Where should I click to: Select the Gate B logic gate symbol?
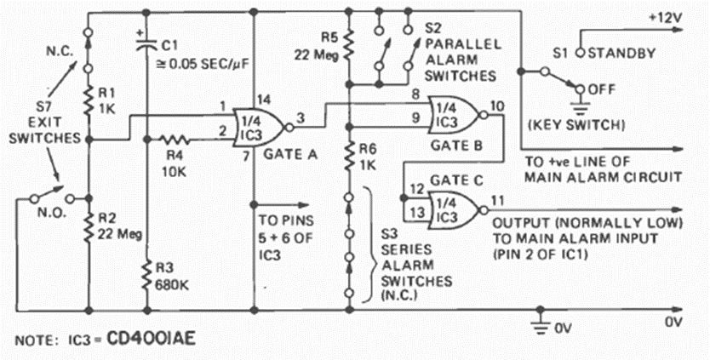455,113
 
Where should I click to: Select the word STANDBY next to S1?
625,53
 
